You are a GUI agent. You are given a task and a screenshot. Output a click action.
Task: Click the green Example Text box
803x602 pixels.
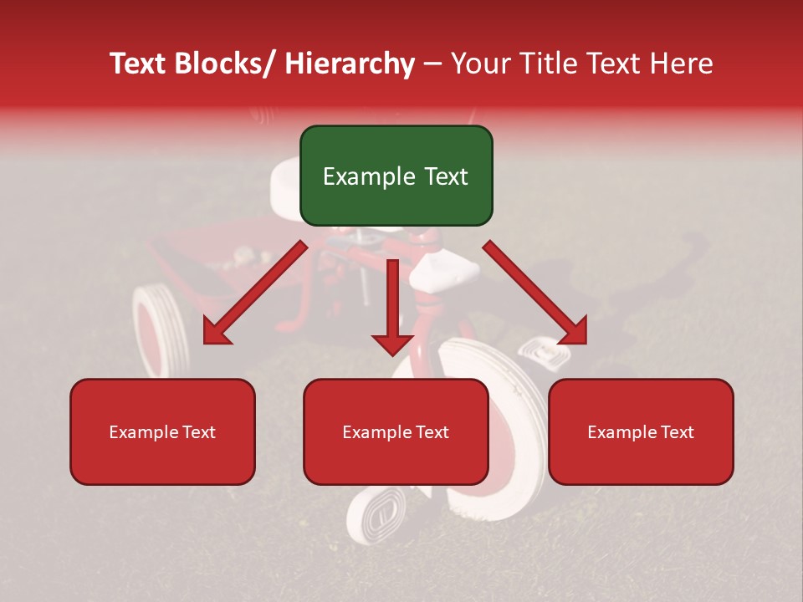pyautogui.click(x=396, y=176)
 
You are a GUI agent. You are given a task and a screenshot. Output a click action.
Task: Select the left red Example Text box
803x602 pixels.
pyautogui.click(x=162, y=431)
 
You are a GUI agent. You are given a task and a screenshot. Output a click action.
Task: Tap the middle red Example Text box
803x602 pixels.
pyautogui.click(x=396, y=431)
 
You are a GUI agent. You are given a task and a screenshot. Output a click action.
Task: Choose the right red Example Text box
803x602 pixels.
pyautogui.click(x=641, y=431)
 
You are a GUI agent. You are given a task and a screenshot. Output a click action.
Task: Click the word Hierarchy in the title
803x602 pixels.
pyautogui.click(x=350, y=64)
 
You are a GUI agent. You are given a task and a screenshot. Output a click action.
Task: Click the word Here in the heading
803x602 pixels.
pyautogui.click(x=681, y=64)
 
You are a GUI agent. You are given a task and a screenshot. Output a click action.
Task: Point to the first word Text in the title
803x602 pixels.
pyautogui.click(x=141, y=64)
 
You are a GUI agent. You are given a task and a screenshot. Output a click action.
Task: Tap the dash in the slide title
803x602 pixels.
pyautogui.click(x=432, y=64)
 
